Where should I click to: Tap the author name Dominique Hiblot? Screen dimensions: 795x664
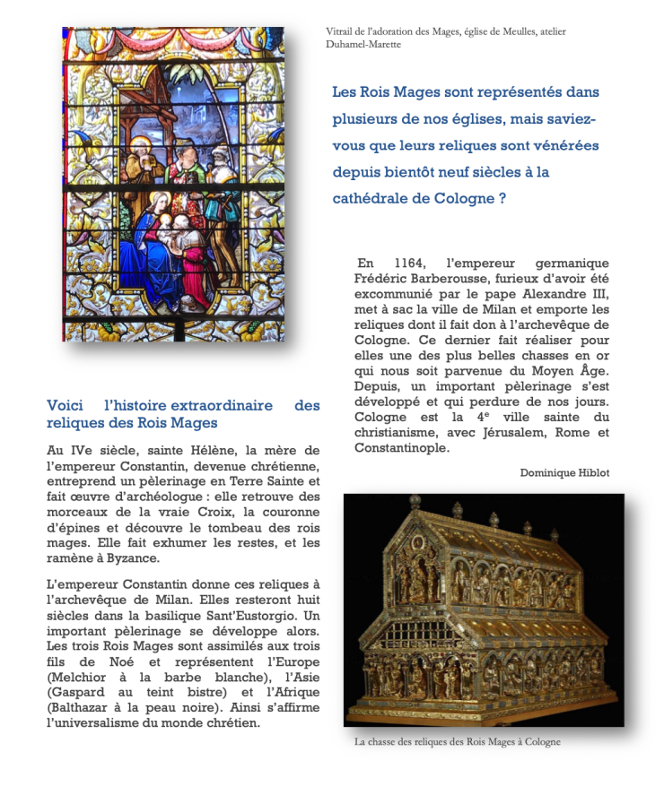pyautogui.click(x=564, y=472)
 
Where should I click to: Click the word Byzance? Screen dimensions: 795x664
pyautogui.click(x=136, y=558)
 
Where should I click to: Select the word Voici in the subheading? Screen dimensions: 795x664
pyautogui.click(x=66, y=406)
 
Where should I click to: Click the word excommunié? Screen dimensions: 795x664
pyautogui.click(x=395, y=294)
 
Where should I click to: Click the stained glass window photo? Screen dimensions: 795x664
pyautogui.click(x=173, y=184)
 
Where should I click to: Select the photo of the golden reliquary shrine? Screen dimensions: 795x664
pyautogui.click(x=484, y=609)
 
